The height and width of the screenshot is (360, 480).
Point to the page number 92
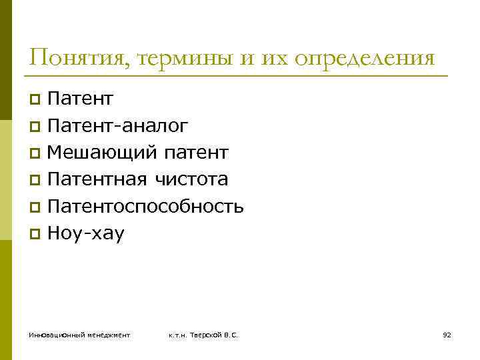(447, 334)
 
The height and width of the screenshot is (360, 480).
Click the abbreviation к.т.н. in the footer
(179, 334)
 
